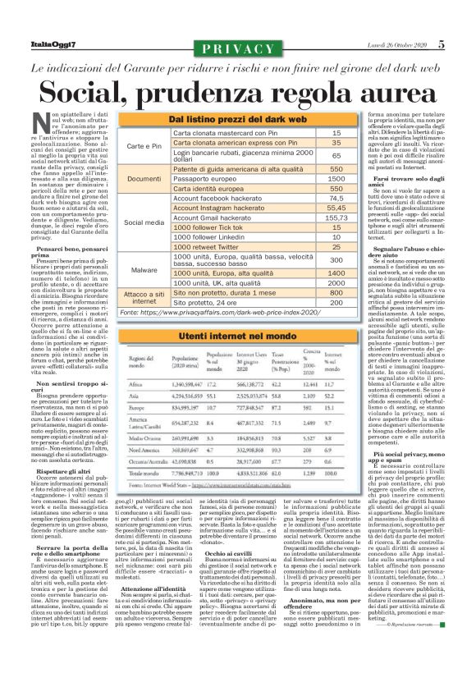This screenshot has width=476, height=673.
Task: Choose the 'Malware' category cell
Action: [144, 270]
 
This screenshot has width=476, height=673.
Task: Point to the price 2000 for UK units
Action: [336, 282]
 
